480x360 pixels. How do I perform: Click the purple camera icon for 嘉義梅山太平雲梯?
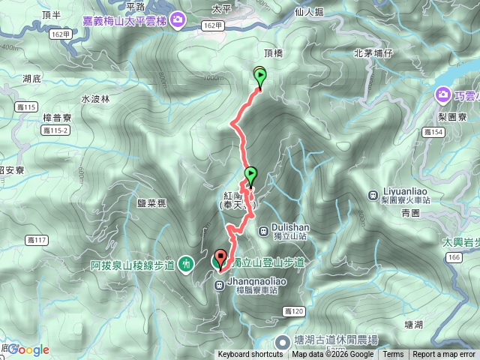click(178, 19)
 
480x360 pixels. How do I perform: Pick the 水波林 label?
click(95, 98)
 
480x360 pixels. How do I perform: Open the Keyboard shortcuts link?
click(250, 355)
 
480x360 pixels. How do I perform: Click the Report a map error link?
click(444, 355)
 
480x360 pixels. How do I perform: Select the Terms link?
click(393, 355)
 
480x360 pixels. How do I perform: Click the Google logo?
click(28, 349)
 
